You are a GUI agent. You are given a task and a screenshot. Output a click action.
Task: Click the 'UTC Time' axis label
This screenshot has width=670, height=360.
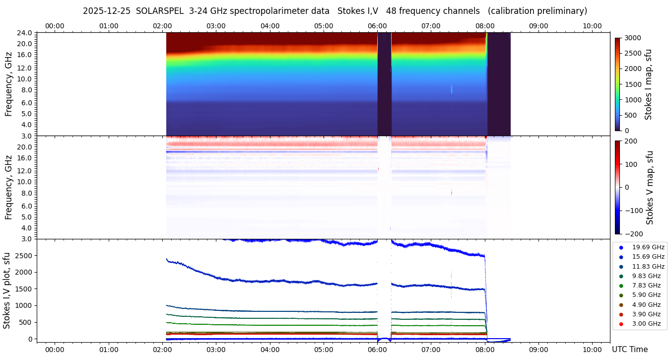(629, 350)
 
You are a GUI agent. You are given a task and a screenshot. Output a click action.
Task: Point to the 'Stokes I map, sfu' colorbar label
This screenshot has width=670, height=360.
(648, 84)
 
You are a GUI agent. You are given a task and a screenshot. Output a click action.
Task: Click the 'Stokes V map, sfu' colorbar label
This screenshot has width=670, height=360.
(650, 188)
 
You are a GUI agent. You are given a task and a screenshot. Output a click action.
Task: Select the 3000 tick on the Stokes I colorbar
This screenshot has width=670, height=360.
(632, 38)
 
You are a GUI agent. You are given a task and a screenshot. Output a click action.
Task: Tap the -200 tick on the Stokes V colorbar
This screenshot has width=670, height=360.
(633, 234)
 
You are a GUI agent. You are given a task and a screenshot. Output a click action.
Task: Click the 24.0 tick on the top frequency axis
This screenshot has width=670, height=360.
(25, 33)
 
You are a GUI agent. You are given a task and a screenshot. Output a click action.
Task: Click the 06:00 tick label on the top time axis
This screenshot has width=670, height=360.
(377, 26)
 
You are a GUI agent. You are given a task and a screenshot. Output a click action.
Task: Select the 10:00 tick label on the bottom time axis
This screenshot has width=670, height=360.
(592, 350)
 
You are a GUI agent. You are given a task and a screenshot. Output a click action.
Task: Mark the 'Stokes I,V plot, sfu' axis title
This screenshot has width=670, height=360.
(7, 290)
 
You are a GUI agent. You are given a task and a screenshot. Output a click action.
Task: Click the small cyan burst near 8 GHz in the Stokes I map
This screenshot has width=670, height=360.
(452, 89)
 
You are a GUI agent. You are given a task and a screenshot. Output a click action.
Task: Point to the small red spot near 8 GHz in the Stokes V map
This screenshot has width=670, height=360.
(452, 192)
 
